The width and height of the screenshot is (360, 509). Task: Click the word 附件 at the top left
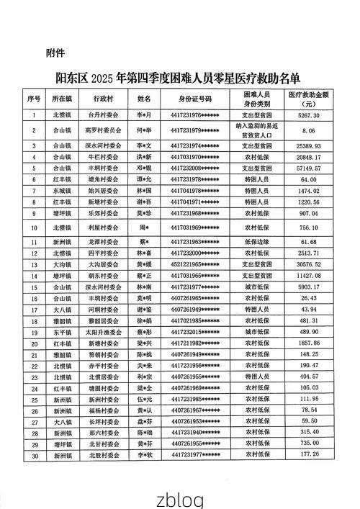55,53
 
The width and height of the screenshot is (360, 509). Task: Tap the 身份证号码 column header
195,98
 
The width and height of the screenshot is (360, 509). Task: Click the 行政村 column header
104,98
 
